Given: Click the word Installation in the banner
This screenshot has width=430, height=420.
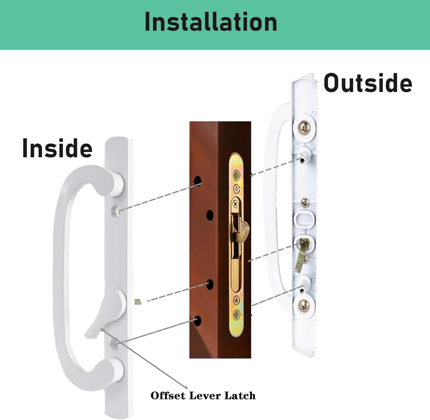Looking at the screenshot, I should pyautogui.click(x=211, y=22).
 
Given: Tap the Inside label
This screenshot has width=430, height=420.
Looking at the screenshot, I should pyautogui.click(x=57, y=148).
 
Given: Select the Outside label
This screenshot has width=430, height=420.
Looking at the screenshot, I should pyautogui.click(x=368, y=83).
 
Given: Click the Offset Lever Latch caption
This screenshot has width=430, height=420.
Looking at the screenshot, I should pyautogui.click(x=203, y=396).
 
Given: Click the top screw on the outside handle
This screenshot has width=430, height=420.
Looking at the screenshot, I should pyautogui.click(x=304, y=126).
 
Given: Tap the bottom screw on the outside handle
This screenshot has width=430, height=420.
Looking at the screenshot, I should pyautogui.click(x=304, y=306).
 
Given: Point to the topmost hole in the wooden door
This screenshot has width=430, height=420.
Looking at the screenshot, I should pyautogui.click(x=198, y=181).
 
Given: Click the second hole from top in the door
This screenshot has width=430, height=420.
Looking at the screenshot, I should pyautogui.click(x=210, y=215).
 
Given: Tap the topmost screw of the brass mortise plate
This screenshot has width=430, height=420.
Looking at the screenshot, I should pyautogui.click(x=236, y=174).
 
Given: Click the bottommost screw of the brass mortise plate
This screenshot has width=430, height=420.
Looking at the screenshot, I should pyautogui.click(x=237, y=314).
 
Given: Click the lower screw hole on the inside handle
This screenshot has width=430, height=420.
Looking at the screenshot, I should pyautogui.click(x=115, y=344).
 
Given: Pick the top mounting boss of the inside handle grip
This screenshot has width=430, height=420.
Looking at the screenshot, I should pyautogui.click(x=118, y=183).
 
